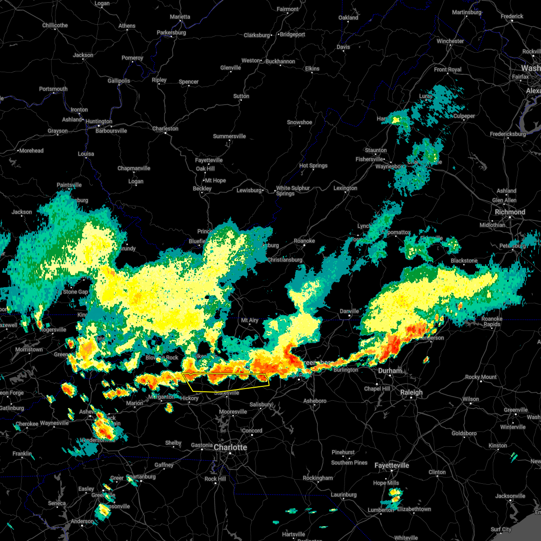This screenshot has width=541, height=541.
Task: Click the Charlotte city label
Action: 230,447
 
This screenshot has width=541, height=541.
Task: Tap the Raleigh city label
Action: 411,392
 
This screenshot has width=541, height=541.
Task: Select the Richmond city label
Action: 510,212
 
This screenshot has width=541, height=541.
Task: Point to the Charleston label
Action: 165,128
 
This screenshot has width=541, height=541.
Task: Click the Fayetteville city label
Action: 391,465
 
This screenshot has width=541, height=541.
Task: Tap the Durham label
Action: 390,371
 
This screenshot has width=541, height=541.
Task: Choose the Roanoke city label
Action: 304,241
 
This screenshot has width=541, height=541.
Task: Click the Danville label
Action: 349,311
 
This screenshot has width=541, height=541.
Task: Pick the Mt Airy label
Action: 250,320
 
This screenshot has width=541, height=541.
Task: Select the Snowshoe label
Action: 299,122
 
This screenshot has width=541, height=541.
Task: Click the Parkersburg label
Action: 171,32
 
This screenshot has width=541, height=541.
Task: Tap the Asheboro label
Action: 315,401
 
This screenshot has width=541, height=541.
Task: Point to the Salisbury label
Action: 261,404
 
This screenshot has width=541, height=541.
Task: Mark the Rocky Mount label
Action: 481,377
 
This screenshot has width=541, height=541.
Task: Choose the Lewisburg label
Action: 249,190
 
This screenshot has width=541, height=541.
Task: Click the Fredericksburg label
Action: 508,134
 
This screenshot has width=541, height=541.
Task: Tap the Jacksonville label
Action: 510,496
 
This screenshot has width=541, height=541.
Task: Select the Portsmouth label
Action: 53,89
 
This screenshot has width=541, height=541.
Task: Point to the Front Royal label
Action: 448,69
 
